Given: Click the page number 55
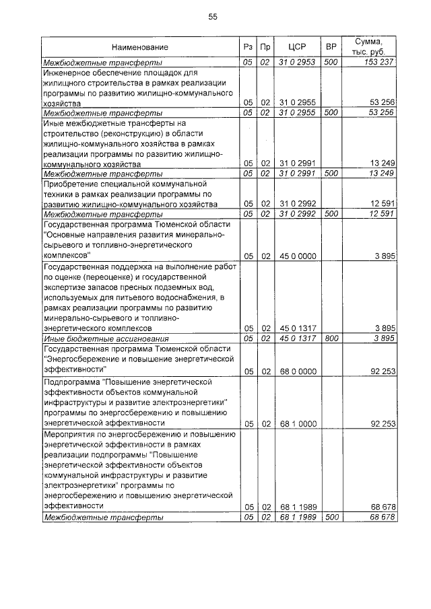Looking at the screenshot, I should [x=213, y=17].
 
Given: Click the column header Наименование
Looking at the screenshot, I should [x=140, y=47].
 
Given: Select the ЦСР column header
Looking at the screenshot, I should [x=297, y=47].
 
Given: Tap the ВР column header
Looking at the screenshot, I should [x=331, y=47].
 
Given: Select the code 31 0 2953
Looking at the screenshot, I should [x=297, y=62].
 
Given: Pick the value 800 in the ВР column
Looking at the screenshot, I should [x=331, y=338].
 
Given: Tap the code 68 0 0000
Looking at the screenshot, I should [x=297, y=371].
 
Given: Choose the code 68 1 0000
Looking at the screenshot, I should [x=297, y=423].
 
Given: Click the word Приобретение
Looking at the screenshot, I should [x=72, y=183].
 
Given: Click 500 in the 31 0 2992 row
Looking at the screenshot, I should [x=331, y=215].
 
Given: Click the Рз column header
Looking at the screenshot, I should [x=247, y=47].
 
